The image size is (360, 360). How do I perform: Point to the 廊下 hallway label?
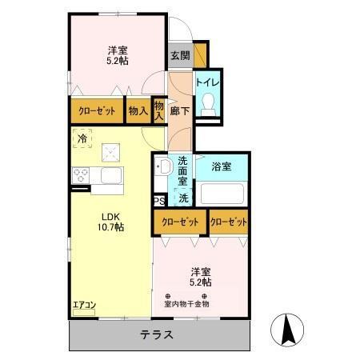(x=180, y=111)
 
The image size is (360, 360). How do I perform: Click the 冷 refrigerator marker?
(x=82, y=138)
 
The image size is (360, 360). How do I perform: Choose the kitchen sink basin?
(x=110, y=176)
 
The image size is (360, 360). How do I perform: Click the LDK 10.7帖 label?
(x=111, y=222)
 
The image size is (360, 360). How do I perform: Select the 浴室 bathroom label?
(x=222, y=166)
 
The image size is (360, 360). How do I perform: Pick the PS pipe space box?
(x=159, y=201)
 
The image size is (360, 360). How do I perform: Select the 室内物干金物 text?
(x=187, y=303)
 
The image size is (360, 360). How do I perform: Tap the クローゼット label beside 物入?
(x=96, y=111)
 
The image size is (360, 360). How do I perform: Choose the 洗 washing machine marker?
(x=183, y=198)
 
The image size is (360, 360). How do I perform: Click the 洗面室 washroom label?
(x=183, y=170)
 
